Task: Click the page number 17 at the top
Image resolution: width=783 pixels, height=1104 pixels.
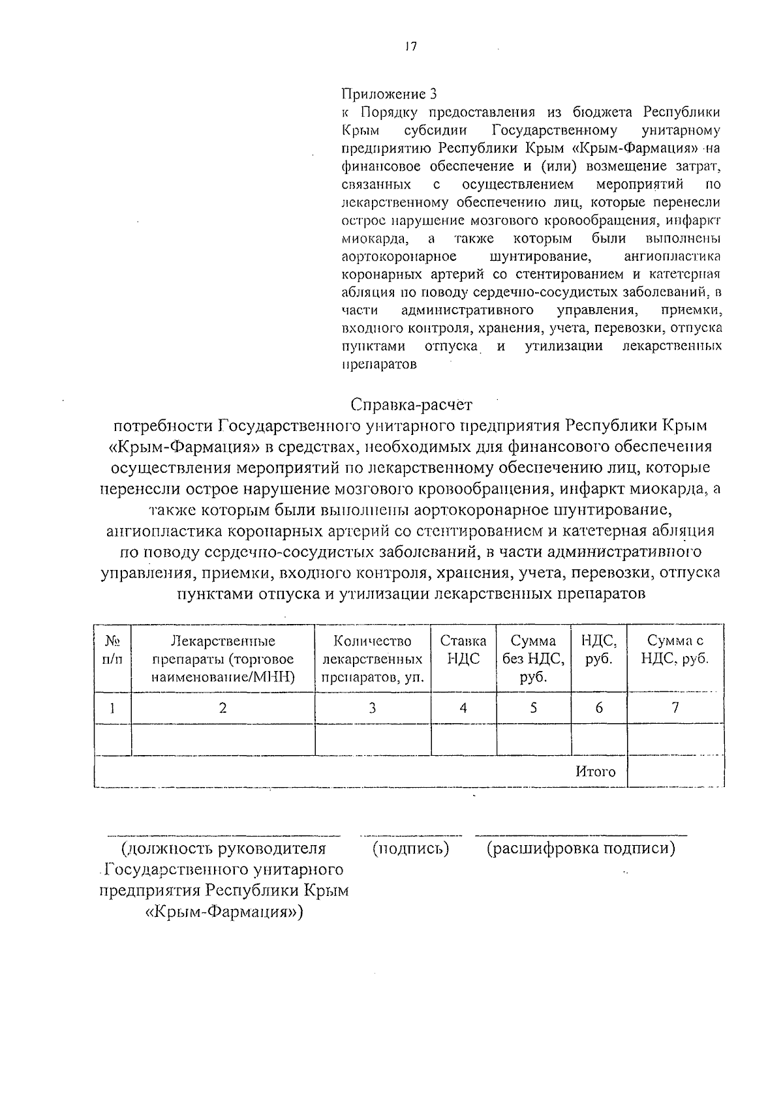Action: pyautogui.click(x=410, y=48)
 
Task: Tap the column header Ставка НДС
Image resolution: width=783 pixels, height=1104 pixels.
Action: pyautogui.click(x=463, y=649)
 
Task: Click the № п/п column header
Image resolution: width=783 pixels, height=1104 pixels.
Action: pyautogui.click(x=112, y=649)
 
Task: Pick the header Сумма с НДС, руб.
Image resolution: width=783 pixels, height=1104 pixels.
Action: pyautogui.click(x=675, y=649)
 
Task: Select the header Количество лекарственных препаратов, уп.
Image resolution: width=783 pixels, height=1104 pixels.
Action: pyautogui.click(x=373, y=659)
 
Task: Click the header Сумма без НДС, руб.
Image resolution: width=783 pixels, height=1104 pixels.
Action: pyautogui.click(x=533, y=659)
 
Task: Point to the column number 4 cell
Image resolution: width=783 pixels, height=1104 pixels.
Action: pyautogui.click(x=463, y=708)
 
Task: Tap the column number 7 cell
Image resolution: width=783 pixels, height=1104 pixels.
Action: pyautogui.click(x=675, y=708)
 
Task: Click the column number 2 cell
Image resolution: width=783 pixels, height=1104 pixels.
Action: pyautogui.click(x=223, y=708)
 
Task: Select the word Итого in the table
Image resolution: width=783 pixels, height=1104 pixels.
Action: pyautogui.click(x=595, y=772)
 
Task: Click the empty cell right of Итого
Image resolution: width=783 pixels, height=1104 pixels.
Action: pyautogui.click(x=675, y=772)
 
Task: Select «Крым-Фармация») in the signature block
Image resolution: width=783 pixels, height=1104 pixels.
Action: pyautogui.click(x=224, y=912)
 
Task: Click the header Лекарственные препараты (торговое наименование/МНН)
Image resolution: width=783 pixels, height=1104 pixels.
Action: pyautogui.click(x=223, y=659)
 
